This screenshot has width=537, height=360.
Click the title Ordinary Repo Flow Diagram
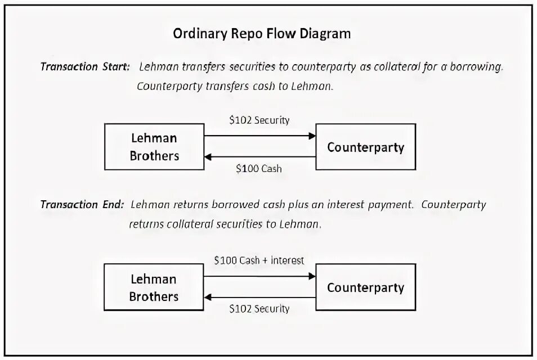pyautogui.click(x=261, y=34)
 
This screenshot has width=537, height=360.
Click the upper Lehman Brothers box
pyautogui.click(x=154, y=147)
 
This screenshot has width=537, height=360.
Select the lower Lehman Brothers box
pyautogui.click(x=154, y=287)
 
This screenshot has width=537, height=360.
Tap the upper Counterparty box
pyautogui.click(x=366, y=147)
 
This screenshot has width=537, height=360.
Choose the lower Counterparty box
pyautogui.click(x=366, y=288)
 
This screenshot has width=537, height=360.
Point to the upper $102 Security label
pyautogui.click(x=259, y=120)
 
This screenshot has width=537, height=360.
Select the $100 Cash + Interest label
pyautogui.click(x=259, y=260)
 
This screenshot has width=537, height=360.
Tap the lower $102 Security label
pyautogui.click(x=259, y=308)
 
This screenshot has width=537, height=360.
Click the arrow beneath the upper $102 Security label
pyautogui.click(x=259, y=136)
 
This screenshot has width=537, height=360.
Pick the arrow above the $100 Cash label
pyautogui.click(x=259, y=156)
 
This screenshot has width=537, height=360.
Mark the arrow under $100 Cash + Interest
pyautogui.click(x=259, y=276)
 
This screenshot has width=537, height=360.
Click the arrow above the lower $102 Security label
pyautogui.click(x=259, y=297)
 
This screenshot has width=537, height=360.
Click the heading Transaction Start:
pyautogui.click(x=85, y=66)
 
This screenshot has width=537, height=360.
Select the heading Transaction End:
pyautogui.click(x=81, y=204)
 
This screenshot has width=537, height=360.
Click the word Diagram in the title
pyautogui.click(x=326, y=34)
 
